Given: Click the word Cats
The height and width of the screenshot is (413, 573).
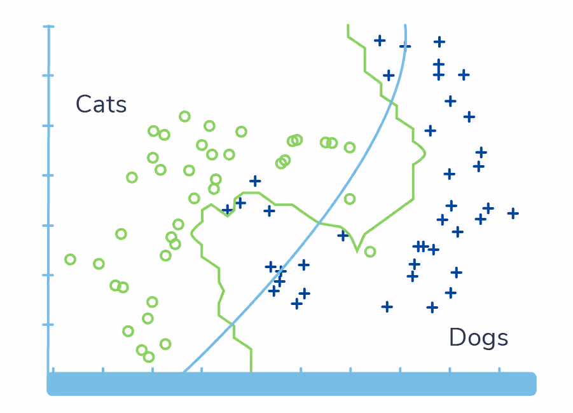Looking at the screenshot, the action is click(x=101, y=104).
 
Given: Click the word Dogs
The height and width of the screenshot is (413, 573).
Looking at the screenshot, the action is click(x=478, y=337).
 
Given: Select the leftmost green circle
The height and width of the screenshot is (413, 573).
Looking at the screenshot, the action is click(x=70, y=259).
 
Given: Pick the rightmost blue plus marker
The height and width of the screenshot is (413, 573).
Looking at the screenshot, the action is click(x=513, y=213).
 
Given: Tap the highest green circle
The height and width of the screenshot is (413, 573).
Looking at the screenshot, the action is click(x=184, y=116).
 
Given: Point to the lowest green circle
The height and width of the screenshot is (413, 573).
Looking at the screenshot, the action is click(x=149, y=357).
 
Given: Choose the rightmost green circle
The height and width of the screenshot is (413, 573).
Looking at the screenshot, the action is click(x=370, y=252).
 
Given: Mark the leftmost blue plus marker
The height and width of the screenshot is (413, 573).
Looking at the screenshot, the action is click(x=227, y=209).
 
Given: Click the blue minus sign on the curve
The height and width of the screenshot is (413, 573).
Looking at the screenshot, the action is click(x=405, y=46).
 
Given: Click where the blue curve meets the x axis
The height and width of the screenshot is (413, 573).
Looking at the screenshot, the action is click(x=184, y=371).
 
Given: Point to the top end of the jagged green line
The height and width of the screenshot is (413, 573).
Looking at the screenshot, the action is click(x=348, y=25).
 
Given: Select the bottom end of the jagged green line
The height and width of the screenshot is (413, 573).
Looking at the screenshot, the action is click(x=251, y=370).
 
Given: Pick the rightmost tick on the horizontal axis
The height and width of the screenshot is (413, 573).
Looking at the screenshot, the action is click(x=499, y=369).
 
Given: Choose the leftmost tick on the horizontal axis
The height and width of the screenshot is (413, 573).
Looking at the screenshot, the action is click(x=53, y=369).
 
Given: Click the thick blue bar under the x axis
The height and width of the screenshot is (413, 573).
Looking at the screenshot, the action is click(x=292, y=384).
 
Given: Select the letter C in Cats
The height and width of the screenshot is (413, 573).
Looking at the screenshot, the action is click(x=83, y=104).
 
